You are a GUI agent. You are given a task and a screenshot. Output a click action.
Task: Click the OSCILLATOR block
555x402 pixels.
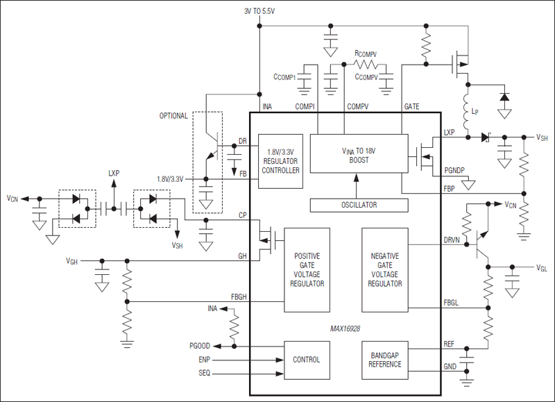pyautogui.click(x=358, y=205)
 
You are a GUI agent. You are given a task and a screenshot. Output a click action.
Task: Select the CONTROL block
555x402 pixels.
pyautogui.click(x=307, y=359)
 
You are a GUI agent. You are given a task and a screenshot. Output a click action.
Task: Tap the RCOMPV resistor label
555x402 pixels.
pyautogui.click(x=366, y=53)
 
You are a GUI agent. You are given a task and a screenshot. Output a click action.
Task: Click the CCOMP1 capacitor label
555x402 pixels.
pyautogui.click(x=285, y=78)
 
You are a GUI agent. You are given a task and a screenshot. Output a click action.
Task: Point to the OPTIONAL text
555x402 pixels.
pyautogui.click(x=173, y=116)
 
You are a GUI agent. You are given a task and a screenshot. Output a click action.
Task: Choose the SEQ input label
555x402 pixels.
pyautogui.click(x=203, y=373)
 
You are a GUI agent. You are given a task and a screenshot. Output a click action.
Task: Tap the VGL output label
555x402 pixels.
pyautogui.click(x=541, y=267)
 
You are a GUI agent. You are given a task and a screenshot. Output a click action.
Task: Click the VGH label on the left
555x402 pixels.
pyautogui.click(x=71, y=261)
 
